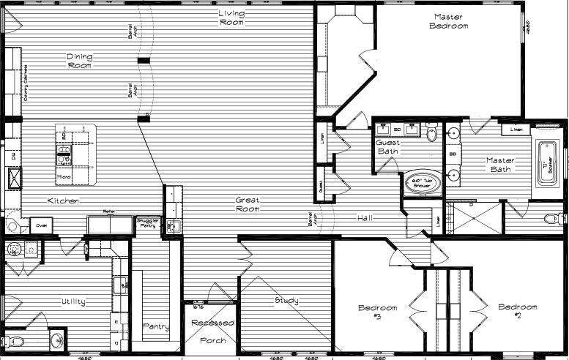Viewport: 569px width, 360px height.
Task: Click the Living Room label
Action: coord(230,18)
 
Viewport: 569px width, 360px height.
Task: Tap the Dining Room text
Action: coord(79,61)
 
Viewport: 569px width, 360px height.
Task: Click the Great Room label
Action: coord(248,204)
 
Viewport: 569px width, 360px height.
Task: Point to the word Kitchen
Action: coord(63,200)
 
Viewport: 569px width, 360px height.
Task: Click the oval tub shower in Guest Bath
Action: coord(423,184)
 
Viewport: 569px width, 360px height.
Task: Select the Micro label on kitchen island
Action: coord(64,177)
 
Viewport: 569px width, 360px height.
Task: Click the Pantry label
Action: coord(155,326)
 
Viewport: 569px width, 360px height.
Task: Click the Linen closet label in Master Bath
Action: coord(516,130)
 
